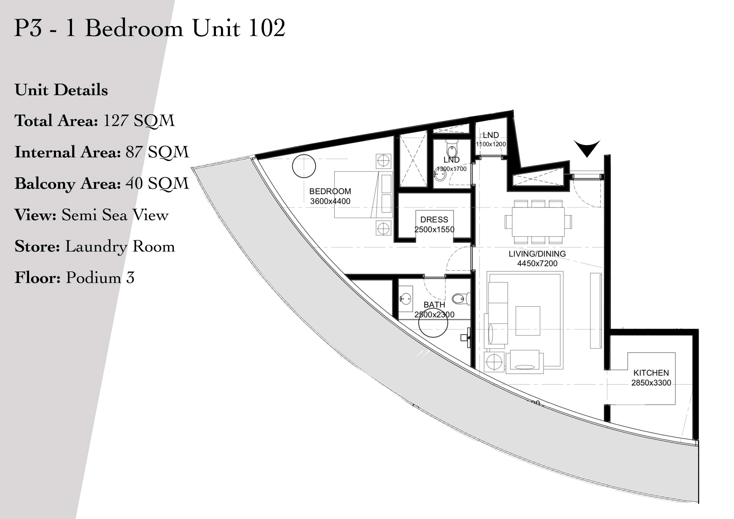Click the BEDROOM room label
330,191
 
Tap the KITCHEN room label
651,373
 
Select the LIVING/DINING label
537,254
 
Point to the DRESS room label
434,220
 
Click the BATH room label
434,305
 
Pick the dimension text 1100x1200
491,144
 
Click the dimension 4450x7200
537,263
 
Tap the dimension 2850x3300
651,383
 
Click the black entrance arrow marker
587,148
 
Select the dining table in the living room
538,222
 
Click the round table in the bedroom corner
304,166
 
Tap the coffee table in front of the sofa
528,321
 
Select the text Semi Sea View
115,215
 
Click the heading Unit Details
61,90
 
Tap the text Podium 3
100,277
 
